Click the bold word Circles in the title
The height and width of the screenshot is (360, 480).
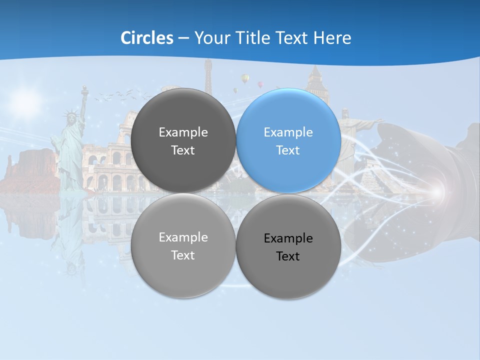pos(147,38)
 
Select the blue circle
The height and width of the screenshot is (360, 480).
pos(288,140)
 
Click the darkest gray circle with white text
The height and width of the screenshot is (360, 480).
pos(183,140)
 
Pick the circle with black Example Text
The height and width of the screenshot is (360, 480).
pos(288,246)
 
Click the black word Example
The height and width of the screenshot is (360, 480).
pos(288,238)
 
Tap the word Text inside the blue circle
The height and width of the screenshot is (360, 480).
pos(288,150)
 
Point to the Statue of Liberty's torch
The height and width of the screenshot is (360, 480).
pos(84,90)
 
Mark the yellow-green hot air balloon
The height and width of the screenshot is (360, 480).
pos(245,78)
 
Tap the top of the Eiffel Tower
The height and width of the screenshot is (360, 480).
pos(208,65)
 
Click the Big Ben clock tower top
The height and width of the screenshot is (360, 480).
pos(315,75)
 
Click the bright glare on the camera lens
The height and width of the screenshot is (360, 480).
pos(438,192)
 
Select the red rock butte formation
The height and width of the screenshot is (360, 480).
pos(30,170)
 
